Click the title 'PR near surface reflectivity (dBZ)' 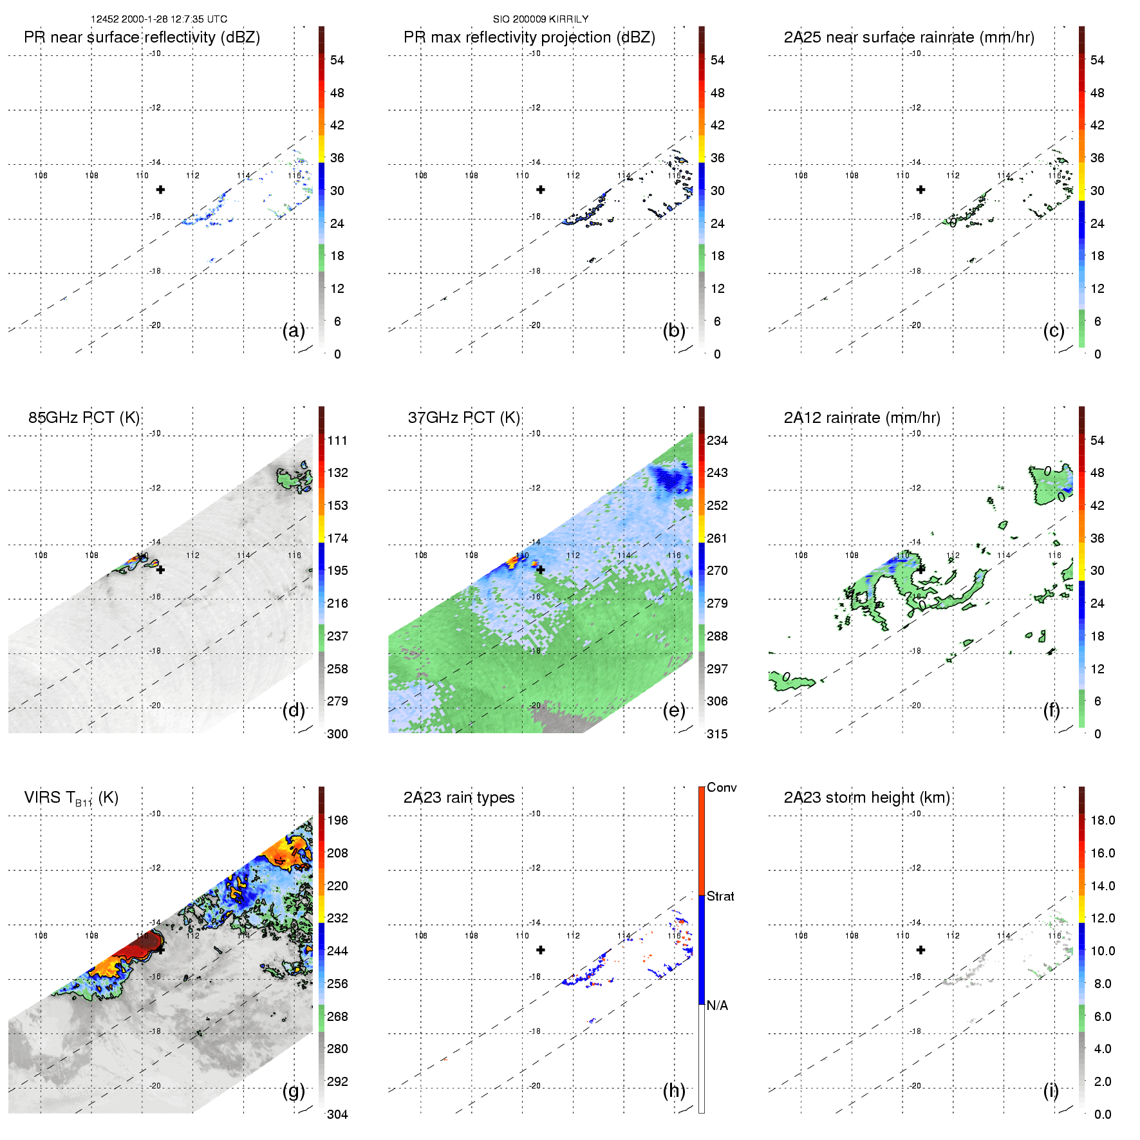[x=142, y=37]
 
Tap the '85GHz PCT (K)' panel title [x=84, y=418]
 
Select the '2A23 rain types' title [x=459, y=798]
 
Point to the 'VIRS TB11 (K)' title [x=71, y=798]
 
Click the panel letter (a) [x=294, y=331]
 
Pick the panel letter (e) [x=674, y=711]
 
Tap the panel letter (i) [x=1051, y=1090]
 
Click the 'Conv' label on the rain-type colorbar [x=722, y=787]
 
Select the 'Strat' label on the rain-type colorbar [x=720, y=896]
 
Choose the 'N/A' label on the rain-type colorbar [x=717, y=1005]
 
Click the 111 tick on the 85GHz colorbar [x=337, y=440]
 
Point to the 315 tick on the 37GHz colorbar [x=717, y=734]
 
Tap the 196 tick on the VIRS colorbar [x=337, y=820]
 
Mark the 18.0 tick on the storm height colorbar [x=1103, y=820]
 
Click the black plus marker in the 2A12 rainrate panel [x=921, y=570]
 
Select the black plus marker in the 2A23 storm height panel [x=921, y=949]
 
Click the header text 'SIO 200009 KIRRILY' [x=541, y=19]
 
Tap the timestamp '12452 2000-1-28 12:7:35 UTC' [x=159, y=19]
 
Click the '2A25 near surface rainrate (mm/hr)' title [x=909, y=37]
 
